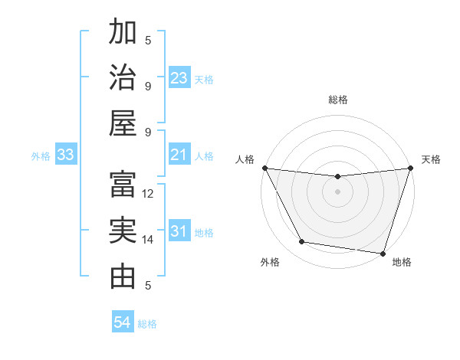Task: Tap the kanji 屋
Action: pyautogui.click(x=123, y=122)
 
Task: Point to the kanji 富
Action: pyautogui.click(x=123, y=185)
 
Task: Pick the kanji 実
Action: pyautogui.click(x=123, y=231)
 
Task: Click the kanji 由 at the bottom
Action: pyautogui.click(x=123, y=277)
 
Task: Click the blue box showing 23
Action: pyautogui.click(x=179, y=78)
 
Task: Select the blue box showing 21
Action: pyautogui.click(x=179, y=155)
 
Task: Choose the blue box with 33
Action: pyautogui.click(x=66, y=155)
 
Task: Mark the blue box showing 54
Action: pyautogui.click(x=123, y=323)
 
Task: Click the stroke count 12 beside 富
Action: pyautogui.click(x=149, y=194)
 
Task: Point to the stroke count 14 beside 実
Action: pyautogui.click(x=149, y=240)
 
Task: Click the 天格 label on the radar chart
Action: pyautogui.click(x=431, y=159)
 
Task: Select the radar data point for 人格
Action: pyautogui.click(x=264, y=168)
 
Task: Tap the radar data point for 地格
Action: pyautogui.click(x=383, y=253)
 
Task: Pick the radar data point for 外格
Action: pyautogui.click(x=302, y=242)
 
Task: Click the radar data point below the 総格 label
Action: pyautogui.click(x=337, y=176)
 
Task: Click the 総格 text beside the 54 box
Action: pyautogui.click(x=147, y=324)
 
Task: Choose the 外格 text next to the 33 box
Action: pyautogui.click(x=41, y=156)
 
